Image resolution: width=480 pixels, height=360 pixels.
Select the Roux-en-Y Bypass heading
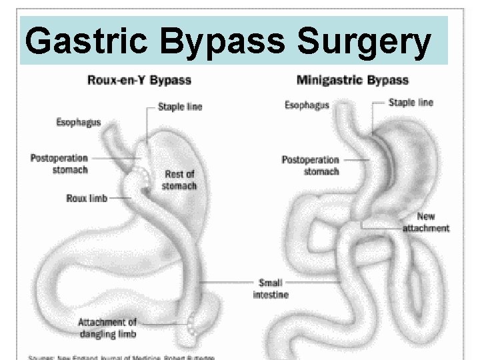click(139, 81)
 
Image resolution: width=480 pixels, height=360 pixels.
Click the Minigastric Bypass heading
click(352, 81)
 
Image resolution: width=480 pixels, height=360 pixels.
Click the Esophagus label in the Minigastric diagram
click(306, 104)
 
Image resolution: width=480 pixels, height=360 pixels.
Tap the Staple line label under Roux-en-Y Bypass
click(180, 106)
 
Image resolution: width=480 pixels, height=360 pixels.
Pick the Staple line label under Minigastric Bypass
click(411, 102)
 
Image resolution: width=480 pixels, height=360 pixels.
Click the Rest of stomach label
click(180, 180)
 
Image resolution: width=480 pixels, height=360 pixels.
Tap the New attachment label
click(426, 223)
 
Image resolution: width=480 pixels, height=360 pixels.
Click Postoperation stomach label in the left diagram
click(59, 163)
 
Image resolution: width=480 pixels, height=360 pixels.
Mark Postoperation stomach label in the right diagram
click(311, 165)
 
